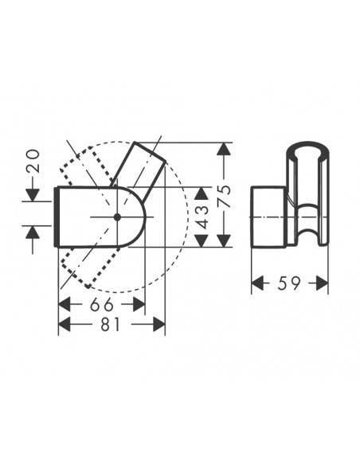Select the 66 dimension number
tap(101, 304)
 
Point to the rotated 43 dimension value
tap(203, 214)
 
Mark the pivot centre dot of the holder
tap(117, 216)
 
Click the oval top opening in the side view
tap(306, 148)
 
